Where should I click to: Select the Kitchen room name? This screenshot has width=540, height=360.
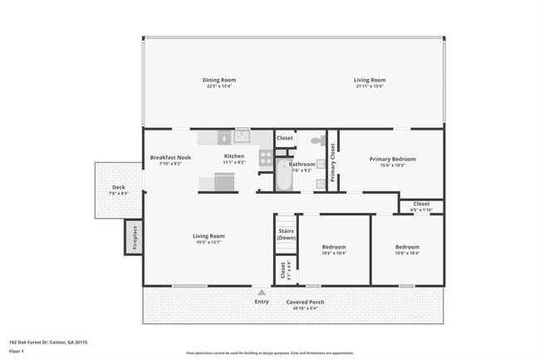[x=234, y=156]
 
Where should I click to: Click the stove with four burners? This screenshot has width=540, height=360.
[x=266, y=155]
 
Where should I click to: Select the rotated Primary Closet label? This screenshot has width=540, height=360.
[x=333, y=162]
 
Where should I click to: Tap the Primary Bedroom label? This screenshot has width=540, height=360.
[x=393, y=159]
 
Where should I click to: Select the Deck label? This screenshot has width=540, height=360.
[x=119, y=187]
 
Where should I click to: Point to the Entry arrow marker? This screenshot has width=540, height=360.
[x=262, y=293]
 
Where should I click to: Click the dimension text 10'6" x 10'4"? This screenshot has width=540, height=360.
[x=334, y=253]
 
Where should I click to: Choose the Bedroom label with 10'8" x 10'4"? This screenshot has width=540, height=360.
[x=407, y=247]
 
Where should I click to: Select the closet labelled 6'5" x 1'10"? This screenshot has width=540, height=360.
[x=421, y=206]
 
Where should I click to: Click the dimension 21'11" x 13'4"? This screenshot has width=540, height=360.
[x=370, y=86]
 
